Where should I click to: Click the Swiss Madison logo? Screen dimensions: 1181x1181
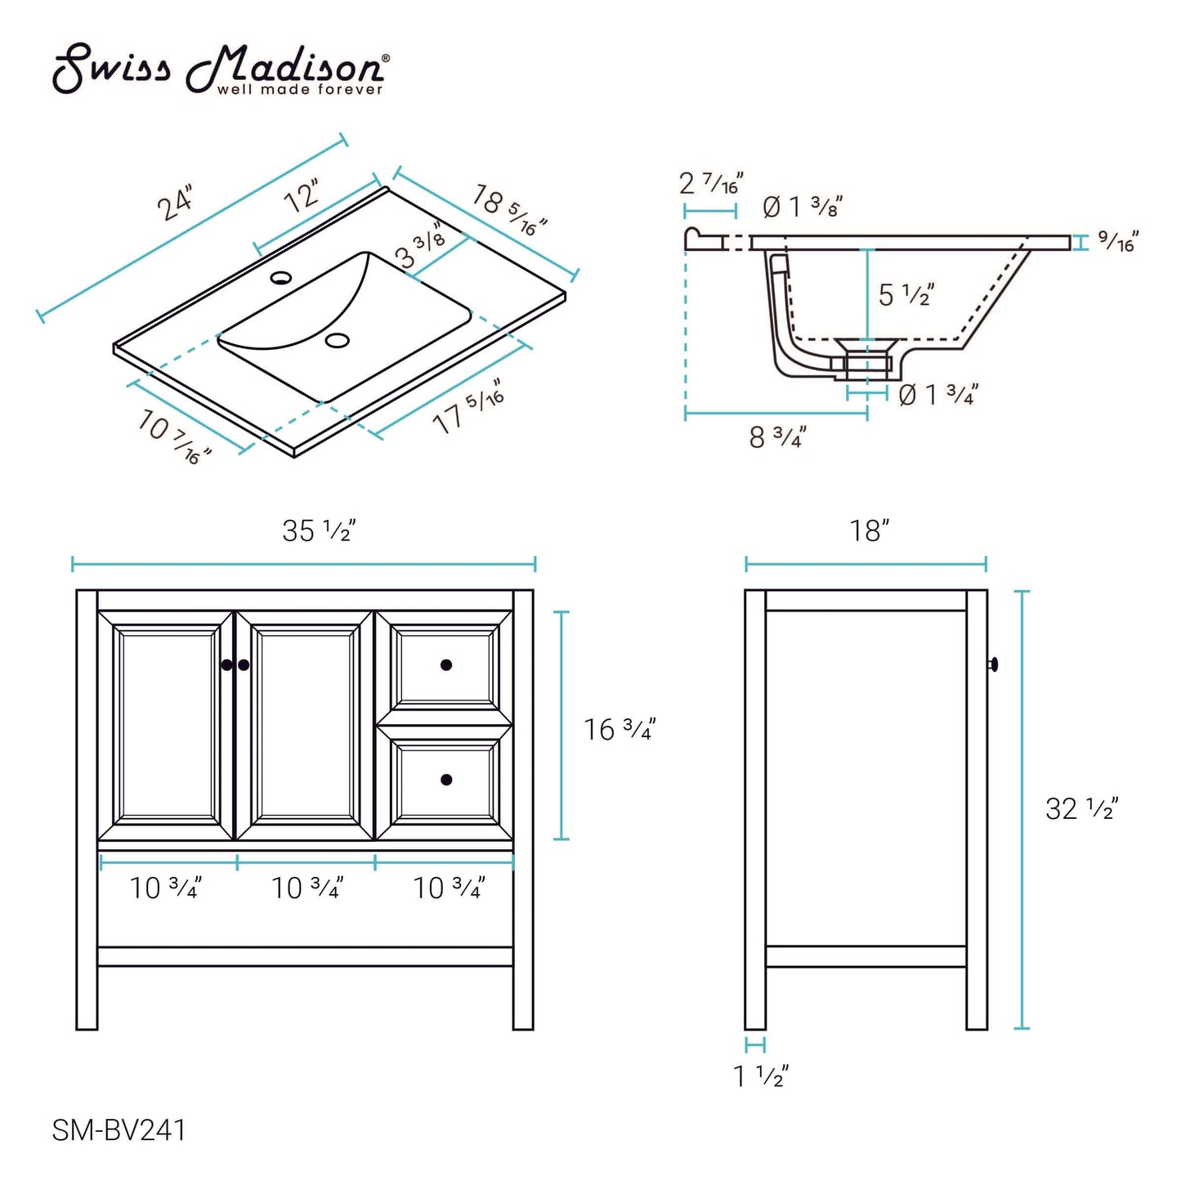click(x=221, y=69)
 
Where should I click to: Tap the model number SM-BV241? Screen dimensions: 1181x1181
click(x=119, y=1130)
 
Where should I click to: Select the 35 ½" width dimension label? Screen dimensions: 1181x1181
click(x=319, y=531)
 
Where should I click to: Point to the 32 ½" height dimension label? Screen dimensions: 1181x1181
click(x=1081, y=809)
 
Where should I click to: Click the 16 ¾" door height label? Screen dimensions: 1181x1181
click(x=620, y=729)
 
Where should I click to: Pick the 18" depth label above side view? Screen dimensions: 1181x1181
click(x=869, y=531)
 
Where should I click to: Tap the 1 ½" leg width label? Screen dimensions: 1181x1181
click(x=760, y=1076)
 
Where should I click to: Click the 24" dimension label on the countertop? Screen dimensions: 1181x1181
click(x=177, y=203)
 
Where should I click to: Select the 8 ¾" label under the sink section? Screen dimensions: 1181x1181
click(x=777, y=437)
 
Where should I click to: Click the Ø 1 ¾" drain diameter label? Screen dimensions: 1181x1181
click(x=937, y=396)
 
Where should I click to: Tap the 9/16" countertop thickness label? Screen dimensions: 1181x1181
click(x=1117, y=241)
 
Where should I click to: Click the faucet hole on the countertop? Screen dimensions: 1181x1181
click(x=281, y=277)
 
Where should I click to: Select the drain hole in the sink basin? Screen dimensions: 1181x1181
click(x=337, y=340)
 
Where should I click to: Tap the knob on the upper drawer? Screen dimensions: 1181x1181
click(x=446, y=665)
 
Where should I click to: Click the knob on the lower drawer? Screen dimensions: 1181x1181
click(x=446, y=780)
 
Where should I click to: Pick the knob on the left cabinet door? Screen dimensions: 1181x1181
click(x=227, y=665)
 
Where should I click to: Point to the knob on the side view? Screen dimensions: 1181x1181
click(x=994, y=664)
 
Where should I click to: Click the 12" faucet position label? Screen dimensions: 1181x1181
click(x=303, y=197)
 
